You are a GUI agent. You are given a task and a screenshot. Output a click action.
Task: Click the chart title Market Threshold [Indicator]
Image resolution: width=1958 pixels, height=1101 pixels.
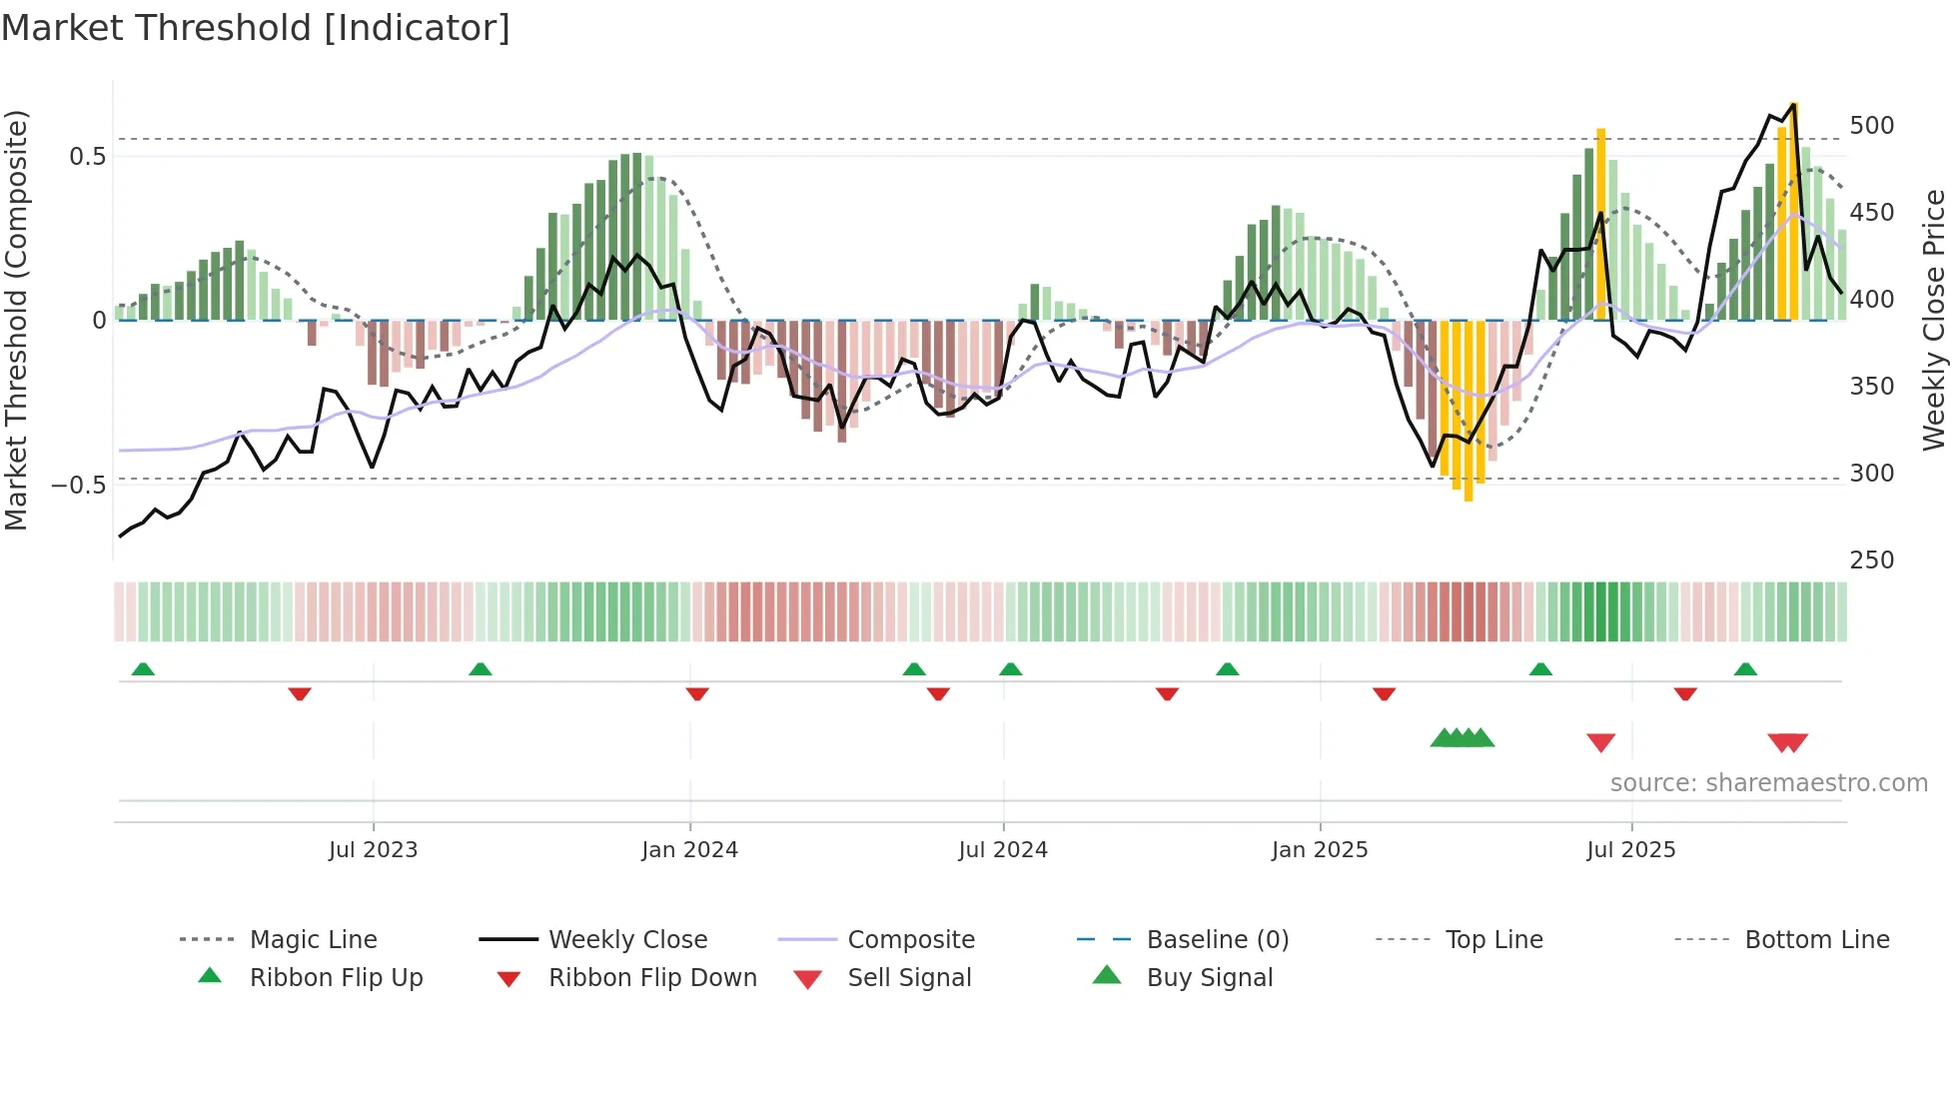(256, 28)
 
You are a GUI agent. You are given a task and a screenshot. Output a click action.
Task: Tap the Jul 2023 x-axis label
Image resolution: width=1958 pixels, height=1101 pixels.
(373, 850)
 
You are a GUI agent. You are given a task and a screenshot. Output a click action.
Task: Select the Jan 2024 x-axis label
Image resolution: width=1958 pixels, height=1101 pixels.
(689, 850)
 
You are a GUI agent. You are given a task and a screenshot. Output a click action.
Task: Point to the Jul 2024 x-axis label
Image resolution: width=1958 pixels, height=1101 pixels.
(1003, 850)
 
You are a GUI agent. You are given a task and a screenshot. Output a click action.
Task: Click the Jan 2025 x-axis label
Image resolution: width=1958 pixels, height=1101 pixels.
(1320, 850)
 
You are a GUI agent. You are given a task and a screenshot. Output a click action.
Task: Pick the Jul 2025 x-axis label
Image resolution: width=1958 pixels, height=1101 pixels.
(1631, 850)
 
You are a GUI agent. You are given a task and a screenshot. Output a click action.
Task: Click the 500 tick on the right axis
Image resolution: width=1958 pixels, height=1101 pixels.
(1871, 126)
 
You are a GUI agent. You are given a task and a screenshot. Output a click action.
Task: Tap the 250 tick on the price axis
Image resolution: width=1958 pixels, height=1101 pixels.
(1871, 560)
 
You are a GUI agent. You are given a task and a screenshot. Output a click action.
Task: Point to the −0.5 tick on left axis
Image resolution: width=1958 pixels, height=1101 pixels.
(78, 486)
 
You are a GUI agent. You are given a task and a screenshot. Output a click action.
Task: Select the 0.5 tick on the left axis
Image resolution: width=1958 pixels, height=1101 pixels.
(87, 157)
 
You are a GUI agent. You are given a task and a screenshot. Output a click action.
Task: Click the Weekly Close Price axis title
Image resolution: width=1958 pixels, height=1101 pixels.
(1934, 320)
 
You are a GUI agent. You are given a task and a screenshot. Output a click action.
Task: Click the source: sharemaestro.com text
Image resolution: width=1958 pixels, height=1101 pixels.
(1768, 783)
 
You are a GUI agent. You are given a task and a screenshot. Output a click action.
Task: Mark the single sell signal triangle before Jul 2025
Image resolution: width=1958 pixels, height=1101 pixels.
(1601, 742)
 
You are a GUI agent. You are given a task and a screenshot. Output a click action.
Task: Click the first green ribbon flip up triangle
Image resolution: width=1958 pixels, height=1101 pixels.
(143, 669)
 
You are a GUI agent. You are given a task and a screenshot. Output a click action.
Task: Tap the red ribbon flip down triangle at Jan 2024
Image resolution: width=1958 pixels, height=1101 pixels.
(697, 693)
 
